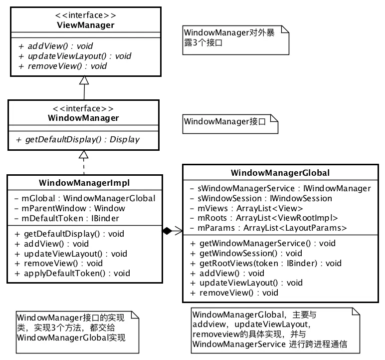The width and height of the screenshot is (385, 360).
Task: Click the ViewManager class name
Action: pyautogui.click(x=84, y=25)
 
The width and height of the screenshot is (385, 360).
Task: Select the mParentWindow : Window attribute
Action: pyautogui.click(x=70, y=208)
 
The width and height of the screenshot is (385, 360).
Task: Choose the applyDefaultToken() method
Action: pyautogui.click(x=72, y=273)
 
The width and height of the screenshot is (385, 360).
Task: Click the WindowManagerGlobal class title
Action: pyautogui.click(x=280, y=173)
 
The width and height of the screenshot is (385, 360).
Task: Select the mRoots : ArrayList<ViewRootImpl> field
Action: pyautogui.click(x=264, y=218)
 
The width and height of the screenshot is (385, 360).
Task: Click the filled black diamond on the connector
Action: pyautogui.click(x=168, y=231)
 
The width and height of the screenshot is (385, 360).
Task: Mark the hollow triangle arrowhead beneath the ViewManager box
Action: pyautogui.click(x=84, y=80)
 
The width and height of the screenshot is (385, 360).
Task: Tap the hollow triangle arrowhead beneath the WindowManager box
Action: pyautogui.click(x=84, y=154)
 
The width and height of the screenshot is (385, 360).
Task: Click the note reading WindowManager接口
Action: pyautogui.click(x=229, y=121)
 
